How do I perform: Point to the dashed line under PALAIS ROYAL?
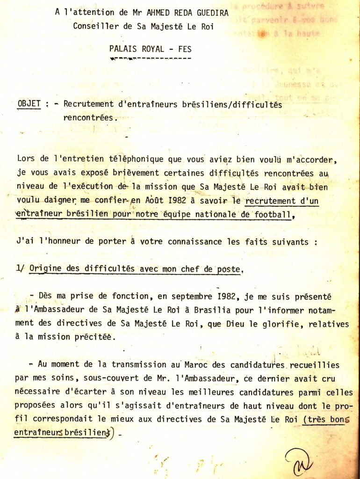coord(150,58)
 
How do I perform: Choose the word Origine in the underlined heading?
coord(44,269)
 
